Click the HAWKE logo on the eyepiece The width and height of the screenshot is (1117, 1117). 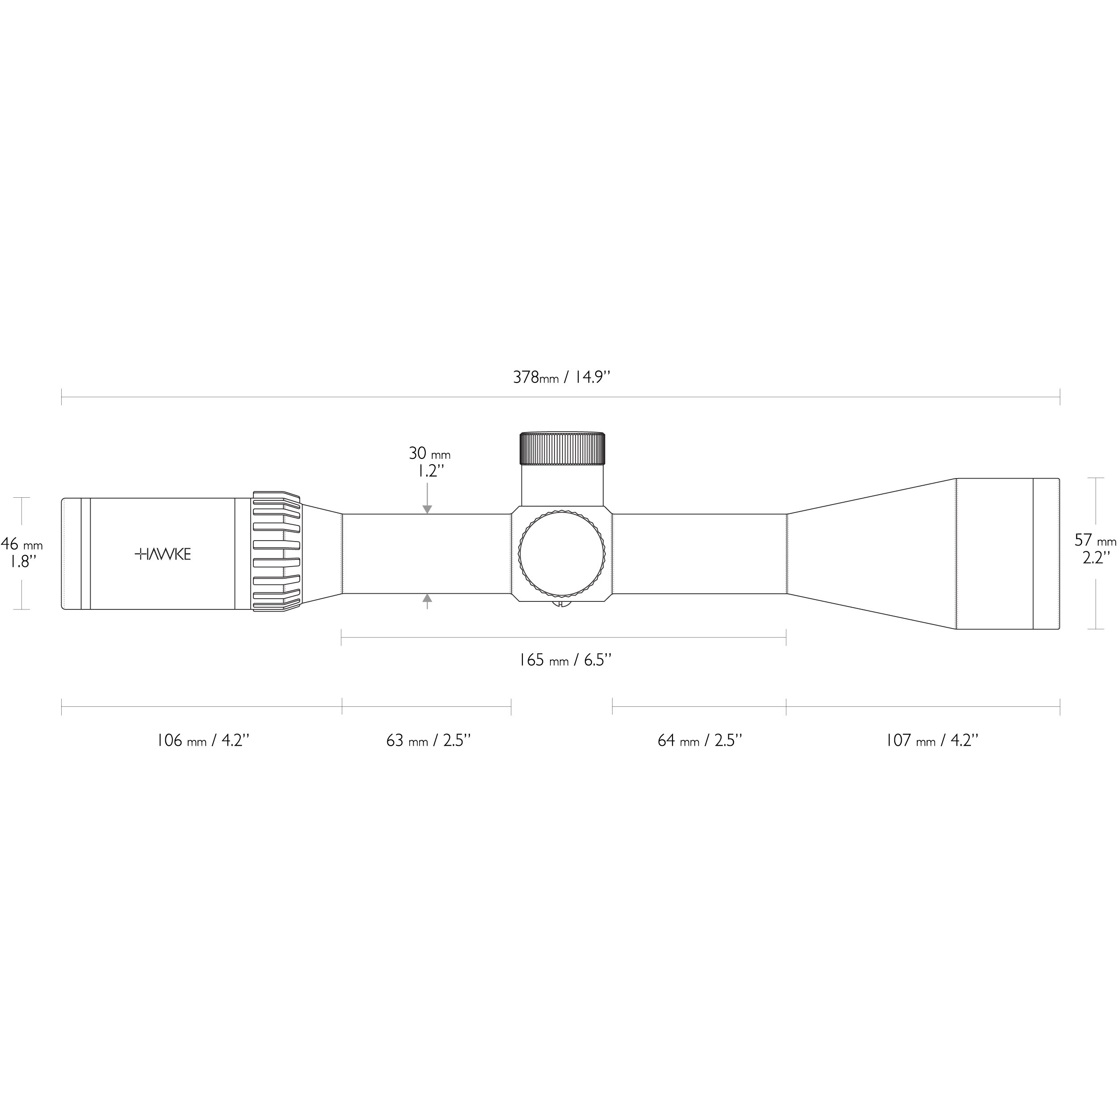click(163, 554)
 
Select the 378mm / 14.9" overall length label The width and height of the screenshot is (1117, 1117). click(561, 378)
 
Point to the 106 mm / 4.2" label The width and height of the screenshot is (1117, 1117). click(203, 741)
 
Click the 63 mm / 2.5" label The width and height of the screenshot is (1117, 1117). click(428, 741)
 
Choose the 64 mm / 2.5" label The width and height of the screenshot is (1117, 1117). click(700, 741)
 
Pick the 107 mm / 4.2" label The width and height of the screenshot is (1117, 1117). click(932, 741)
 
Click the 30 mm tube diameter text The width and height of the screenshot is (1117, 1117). click(429, 453)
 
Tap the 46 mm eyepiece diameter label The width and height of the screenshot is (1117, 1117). click(21, 544)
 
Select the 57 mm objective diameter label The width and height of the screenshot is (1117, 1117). click(1095, 540)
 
